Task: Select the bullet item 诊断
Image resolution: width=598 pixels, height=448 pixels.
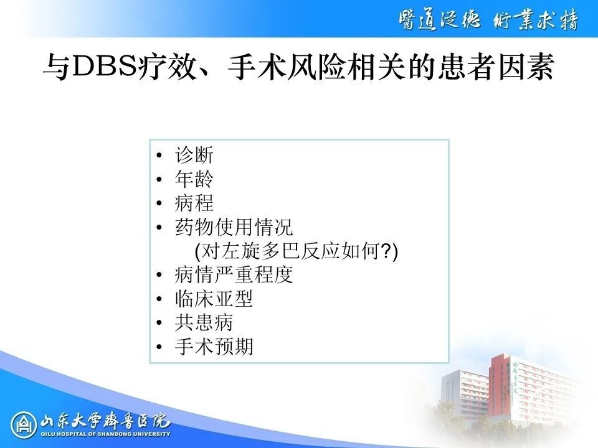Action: click(x=194, y=155)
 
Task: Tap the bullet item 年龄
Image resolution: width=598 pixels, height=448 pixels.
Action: click(x=194, y=179)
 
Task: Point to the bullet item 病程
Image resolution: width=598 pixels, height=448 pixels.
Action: click(x=194, y=203)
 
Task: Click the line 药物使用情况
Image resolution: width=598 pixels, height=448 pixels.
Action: click(x=234, y=227)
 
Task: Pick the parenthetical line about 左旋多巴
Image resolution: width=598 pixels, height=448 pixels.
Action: click(x=296, y=251)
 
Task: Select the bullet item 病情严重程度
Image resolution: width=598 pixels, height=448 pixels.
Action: click(x=234, y=274)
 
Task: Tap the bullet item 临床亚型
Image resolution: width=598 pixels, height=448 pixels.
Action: click(x=214, y=299)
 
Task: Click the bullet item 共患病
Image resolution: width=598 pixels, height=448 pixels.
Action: click(x=204, y=323)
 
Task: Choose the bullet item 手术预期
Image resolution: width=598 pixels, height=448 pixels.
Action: click(x=214, y=347)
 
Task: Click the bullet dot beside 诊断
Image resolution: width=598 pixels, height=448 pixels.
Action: click(x=159, y=156)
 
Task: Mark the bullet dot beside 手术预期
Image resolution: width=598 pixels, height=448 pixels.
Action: click(x=159, y=347)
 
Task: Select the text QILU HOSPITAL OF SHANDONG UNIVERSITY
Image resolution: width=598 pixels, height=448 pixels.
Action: click(x=105, y=434)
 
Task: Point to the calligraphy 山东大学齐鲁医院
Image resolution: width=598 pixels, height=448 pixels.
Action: click(x=105, y=421)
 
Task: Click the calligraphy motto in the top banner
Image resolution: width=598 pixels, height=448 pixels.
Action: click(x=489, y=20)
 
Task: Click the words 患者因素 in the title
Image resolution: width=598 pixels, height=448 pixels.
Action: click(x=495, y=67)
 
